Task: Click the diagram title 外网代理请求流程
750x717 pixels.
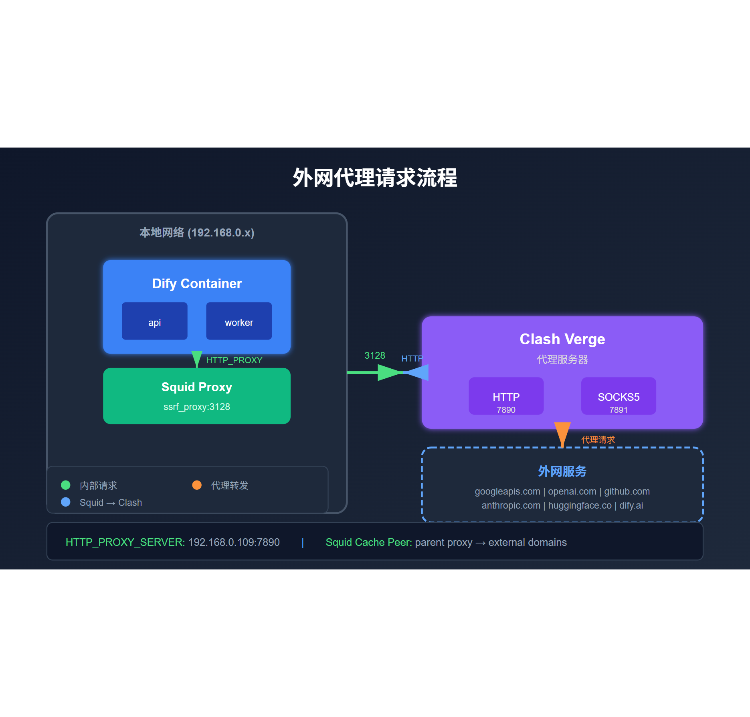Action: pyautogui.click(x=374, y=178)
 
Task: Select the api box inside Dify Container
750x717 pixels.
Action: pyautogui.click(x=154, y=321)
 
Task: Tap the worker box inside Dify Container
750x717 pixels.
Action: pyautogui.click(x=239, y=321)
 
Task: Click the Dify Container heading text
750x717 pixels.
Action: pyautogui.click(x=197, y=283)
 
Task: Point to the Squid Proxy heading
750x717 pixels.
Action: pyautogui.click(x=197, y=387)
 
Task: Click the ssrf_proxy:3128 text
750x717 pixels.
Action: pyautogui.click(x=197, y=407)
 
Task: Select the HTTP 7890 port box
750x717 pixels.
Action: pyautogui.click(x=506, y=396)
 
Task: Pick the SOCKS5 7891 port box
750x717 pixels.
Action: pyautogui.click(x=619, y=396)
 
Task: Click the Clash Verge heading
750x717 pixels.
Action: pyautogui.click(x=562, y=339)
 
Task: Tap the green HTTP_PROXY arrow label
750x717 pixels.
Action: pyautogui.click(x=234, y=360)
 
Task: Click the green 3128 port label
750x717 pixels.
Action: pyautogui.click(x=374, y=355)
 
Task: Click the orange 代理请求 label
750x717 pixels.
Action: pyautogui.click(x=598, y=440)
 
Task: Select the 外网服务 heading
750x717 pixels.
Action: pyautogui.click(x=562, y=471)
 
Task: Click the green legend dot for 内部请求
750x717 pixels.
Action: pyautogui.click(x=66, y=485)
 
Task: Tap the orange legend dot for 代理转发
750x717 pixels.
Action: pyautogui.click(x=197, y=485)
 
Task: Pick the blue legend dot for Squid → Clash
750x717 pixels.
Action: pyautogui.click(x=66, y=502)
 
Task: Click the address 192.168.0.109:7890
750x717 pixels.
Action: pyautogui.click(x=234, y=542)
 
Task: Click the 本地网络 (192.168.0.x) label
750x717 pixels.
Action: pyautogui.click(x=197, y=232)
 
